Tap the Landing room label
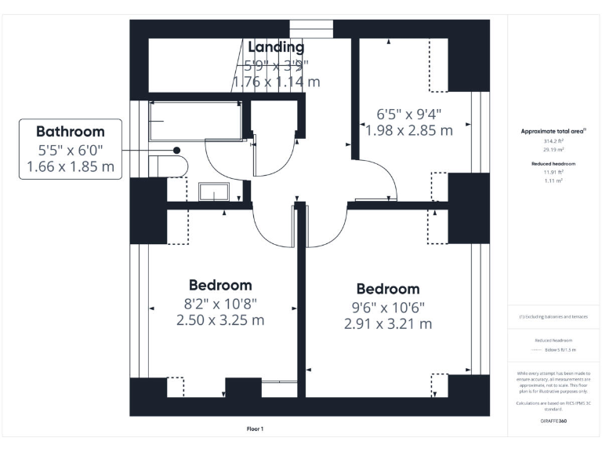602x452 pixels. tap(276, 47)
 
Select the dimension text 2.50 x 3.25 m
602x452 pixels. tap(220, 320)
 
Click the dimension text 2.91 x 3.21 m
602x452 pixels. tap(387, 323)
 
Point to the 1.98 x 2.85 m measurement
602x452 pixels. tap(409, 130)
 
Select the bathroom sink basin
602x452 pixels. tap(212, 192)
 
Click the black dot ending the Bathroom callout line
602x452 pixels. tap(177, 150)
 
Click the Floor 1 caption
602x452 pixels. tap(255, 428)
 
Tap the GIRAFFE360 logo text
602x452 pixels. tap(553, 421)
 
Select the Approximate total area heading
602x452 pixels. tap(553, 131)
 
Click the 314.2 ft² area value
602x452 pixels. tap(553, 141)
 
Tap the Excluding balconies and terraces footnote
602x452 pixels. tap(553, 317)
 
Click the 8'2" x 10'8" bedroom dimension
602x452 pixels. tap(220, 304)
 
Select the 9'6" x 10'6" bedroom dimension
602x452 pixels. tap(387, 307)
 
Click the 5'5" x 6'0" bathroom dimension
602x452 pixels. tap(70, 150)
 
